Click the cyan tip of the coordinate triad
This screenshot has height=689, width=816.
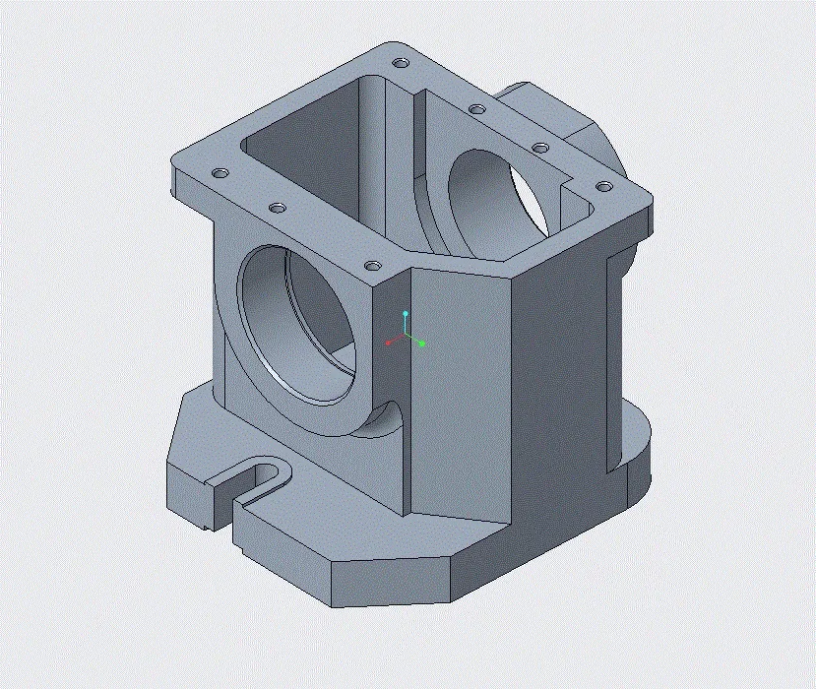pos(405,313)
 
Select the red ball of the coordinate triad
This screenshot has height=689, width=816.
pos(389,343)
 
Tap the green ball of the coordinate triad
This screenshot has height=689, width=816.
pos(421,344)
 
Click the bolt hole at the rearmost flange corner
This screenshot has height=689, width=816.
pos(399,62)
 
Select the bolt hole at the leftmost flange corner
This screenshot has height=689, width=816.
pos(220,173)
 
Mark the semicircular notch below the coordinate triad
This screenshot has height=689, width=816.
pos(387,423)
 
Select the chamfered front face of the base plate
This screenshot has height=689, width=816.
pos(394,581)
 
